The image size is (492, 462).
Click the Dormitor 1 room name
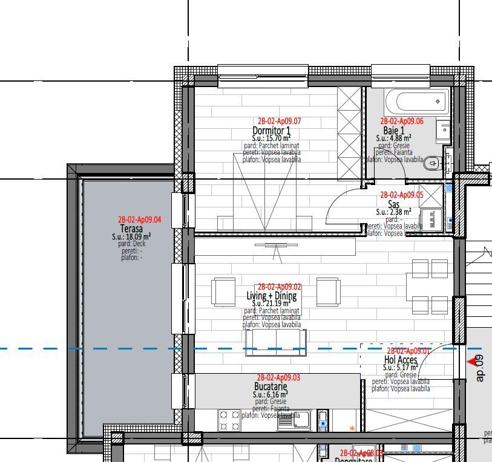(271, 131)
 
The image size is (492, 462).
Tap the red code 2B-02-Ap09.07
(279, 121)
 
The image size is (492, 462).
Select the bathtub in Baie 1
(418, 100)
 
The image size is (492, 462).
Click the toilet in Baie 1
(433, 163)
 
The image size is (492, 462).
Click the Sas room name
(394, 204)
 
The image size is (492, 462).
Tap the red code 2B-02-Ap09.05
(401, 195)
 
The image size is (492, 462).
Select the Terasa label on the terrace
(131, 229)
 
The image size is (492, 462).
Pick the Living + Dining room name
(272, 296)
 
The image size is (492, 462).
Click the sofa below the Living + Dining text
(276, 342)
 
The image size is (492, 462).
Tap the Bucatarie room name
(271, 386)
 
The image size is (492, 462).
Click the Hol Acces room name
(401, 360)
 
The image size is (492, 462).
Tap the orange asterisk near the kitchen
(352, 429)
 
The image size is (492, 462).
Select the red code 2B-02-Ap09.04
(140, 220)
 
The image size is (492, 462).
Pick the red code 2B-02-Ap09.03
(278, 377)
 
